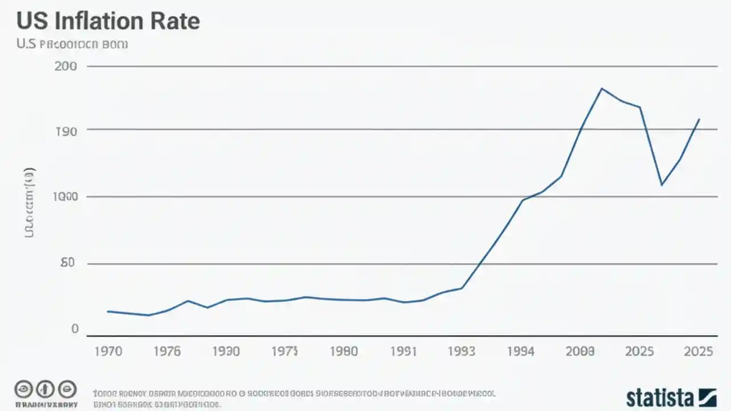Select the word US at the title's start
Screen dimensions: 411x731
pos(29,21)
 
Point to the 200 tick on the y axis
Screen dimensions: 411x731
pos(66,66)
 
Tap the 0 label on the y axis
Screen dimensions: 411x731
pos(75,329)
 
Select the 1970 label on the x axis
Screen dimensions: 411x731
pos(107,351)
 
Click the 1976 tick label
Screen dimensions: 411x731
pos(167,351)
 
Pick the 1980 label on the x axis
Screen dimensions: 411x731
pos(344,351)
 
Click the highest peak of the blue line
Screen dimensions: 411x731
pos(601,88)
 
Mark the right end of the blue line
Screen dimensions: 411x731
pos(700,119)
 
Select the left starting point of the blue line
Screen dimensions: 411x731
pos(107,311)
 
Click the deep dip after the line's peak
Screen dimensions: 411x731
pos(661,185)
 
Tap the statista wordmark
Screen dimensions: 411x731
pos(660,397)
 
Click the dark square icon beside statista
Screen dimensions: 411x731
pos(707,397)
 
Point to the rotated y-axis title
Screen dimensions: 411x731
pos(29,203)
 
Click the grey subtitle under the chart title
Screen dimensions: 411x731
pos(72,44)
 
